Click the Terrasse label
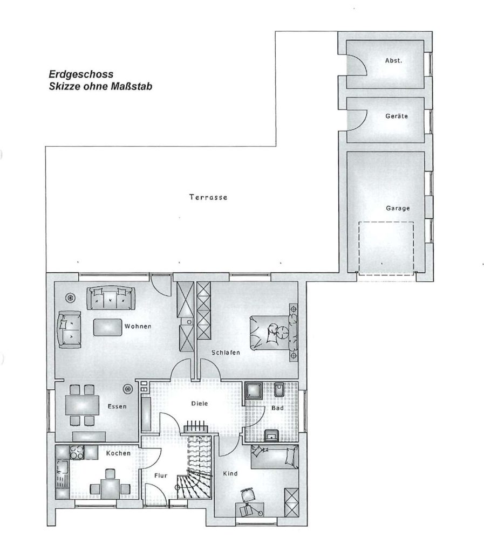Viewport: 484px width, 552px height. [208, 197]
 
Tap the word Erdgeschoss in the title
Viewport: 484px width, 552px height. [81, 74]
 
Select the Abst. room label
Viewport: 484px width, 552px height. [393, 60]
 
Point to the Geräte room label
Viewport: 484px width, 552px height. [397, 116]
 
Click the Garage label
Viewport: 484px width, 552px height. [398, 208]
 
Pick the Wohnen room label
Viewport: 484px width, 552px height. [138, 326]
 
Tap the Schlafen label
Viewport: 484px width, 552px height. [226, 353]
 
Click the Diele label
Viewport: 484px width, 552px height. [200, 403]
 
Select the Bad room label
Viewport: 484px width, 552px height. [277, 408]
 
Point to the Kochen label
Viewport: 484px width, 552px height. [118, 453]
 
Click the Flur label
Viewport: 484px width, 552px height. [161, 475]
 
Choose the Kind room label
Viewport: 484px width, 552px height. [230, 473]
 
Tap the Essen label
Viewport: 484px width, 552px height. [117, 406]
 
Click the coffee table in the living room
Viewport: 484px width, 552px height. [107, 327]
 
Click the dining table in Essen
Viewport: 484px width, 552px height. [82, 405]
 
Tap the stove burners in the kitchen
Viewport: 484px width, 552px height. [77, 452]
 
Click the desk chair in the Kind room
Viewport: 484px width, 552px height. [249, 495]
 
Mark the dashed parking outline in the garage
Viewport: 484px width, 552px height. [386, 222]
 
